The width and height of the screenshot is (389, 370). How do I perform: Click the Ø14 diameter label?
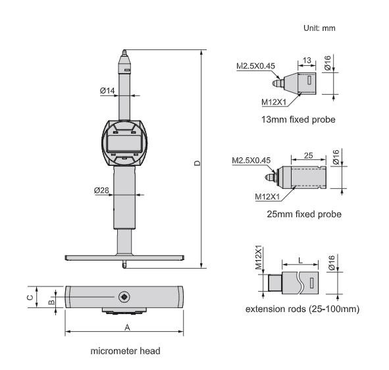(x=107, y=91)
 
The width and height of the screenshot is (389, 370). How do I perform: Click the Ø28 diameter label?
(x=101, y=190)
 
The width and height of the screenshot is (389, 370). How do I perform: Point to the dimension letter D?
(x=197, y=163)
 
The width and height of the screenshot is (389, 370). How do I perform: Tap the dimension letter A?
(x=127, y=327)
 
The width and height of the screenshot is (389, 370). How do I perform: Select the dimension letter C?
(x=30, y=297)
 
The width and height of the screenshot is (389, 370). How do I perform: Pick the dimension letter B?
(x=51, y=302)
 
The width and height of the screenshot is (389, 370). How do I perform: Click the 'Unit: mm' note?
(x=319, y=28)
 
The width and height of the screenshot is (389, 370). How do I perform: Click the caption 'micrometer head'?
(x=125, y=351)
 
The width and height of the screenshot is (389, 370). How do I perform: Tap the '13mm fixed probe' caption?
(x=298, y=119)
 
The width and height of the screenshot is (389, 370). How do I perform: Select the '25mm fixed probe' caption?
(x=304, y=214)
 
